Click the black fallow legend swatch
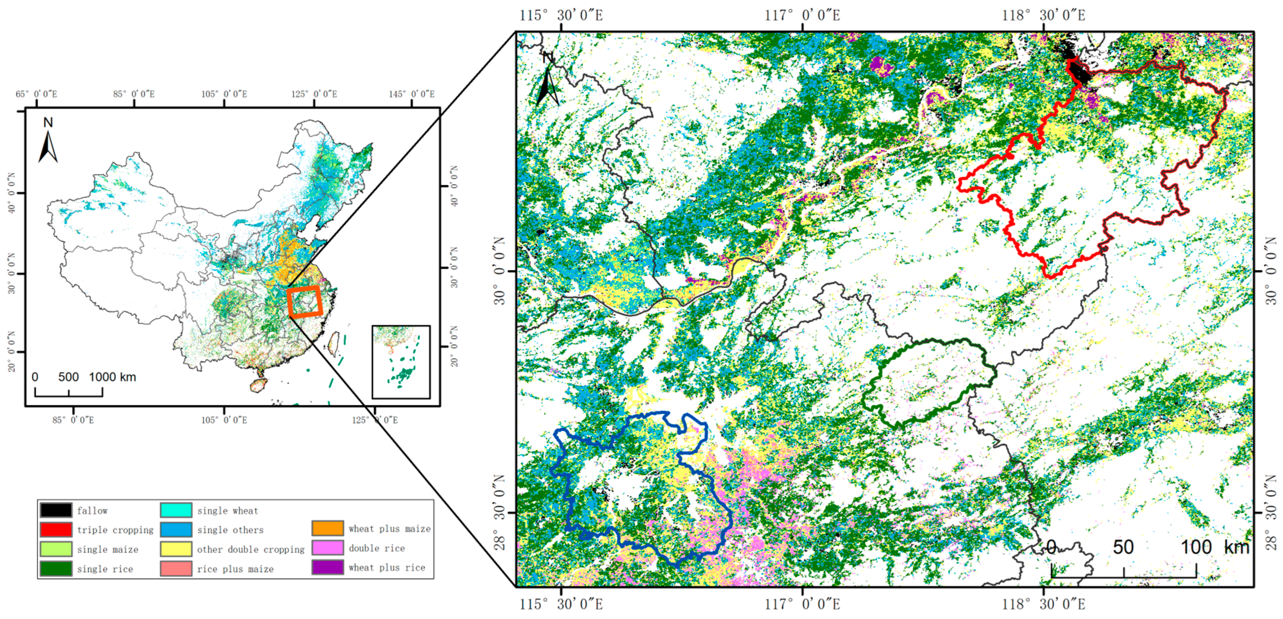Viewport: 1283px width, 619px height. point(56,510)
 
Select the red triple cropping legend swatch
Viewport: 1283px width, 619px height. point(56,529)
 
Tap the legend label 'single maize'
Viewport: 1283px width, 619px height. point(107,549)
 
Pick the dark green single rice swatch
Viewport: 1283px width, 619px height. point(56,568)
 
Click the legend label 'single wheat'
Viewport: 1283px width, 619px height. point(228,510)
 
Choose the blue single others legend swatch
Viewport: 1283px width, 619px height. point(176,529)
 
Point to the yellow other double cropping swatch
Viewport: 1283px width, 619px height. point(176,549)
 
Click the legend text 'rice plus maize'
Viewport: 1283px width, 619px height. point(235,569)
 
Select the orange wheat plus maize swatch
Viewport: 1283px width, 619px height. point(327,528)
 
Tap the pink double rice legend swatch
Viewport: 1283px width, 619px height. point(327,548)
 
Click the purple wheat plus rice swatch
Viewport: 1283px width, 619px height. point(327,567)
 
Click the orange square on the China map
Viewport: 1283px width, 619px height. point(305,302)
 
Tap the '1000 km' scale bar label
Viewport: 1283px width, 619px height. point(112,377)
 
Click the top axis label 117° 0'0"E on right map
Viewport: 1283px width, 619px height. point(802,15)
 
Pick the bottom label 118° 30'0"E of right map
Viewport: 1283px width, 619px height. point(1044,604)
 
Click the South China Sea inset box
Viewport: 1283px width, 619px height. point(401,362)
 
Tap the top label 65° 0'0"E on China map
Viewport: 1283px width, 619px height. point(37,94)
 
